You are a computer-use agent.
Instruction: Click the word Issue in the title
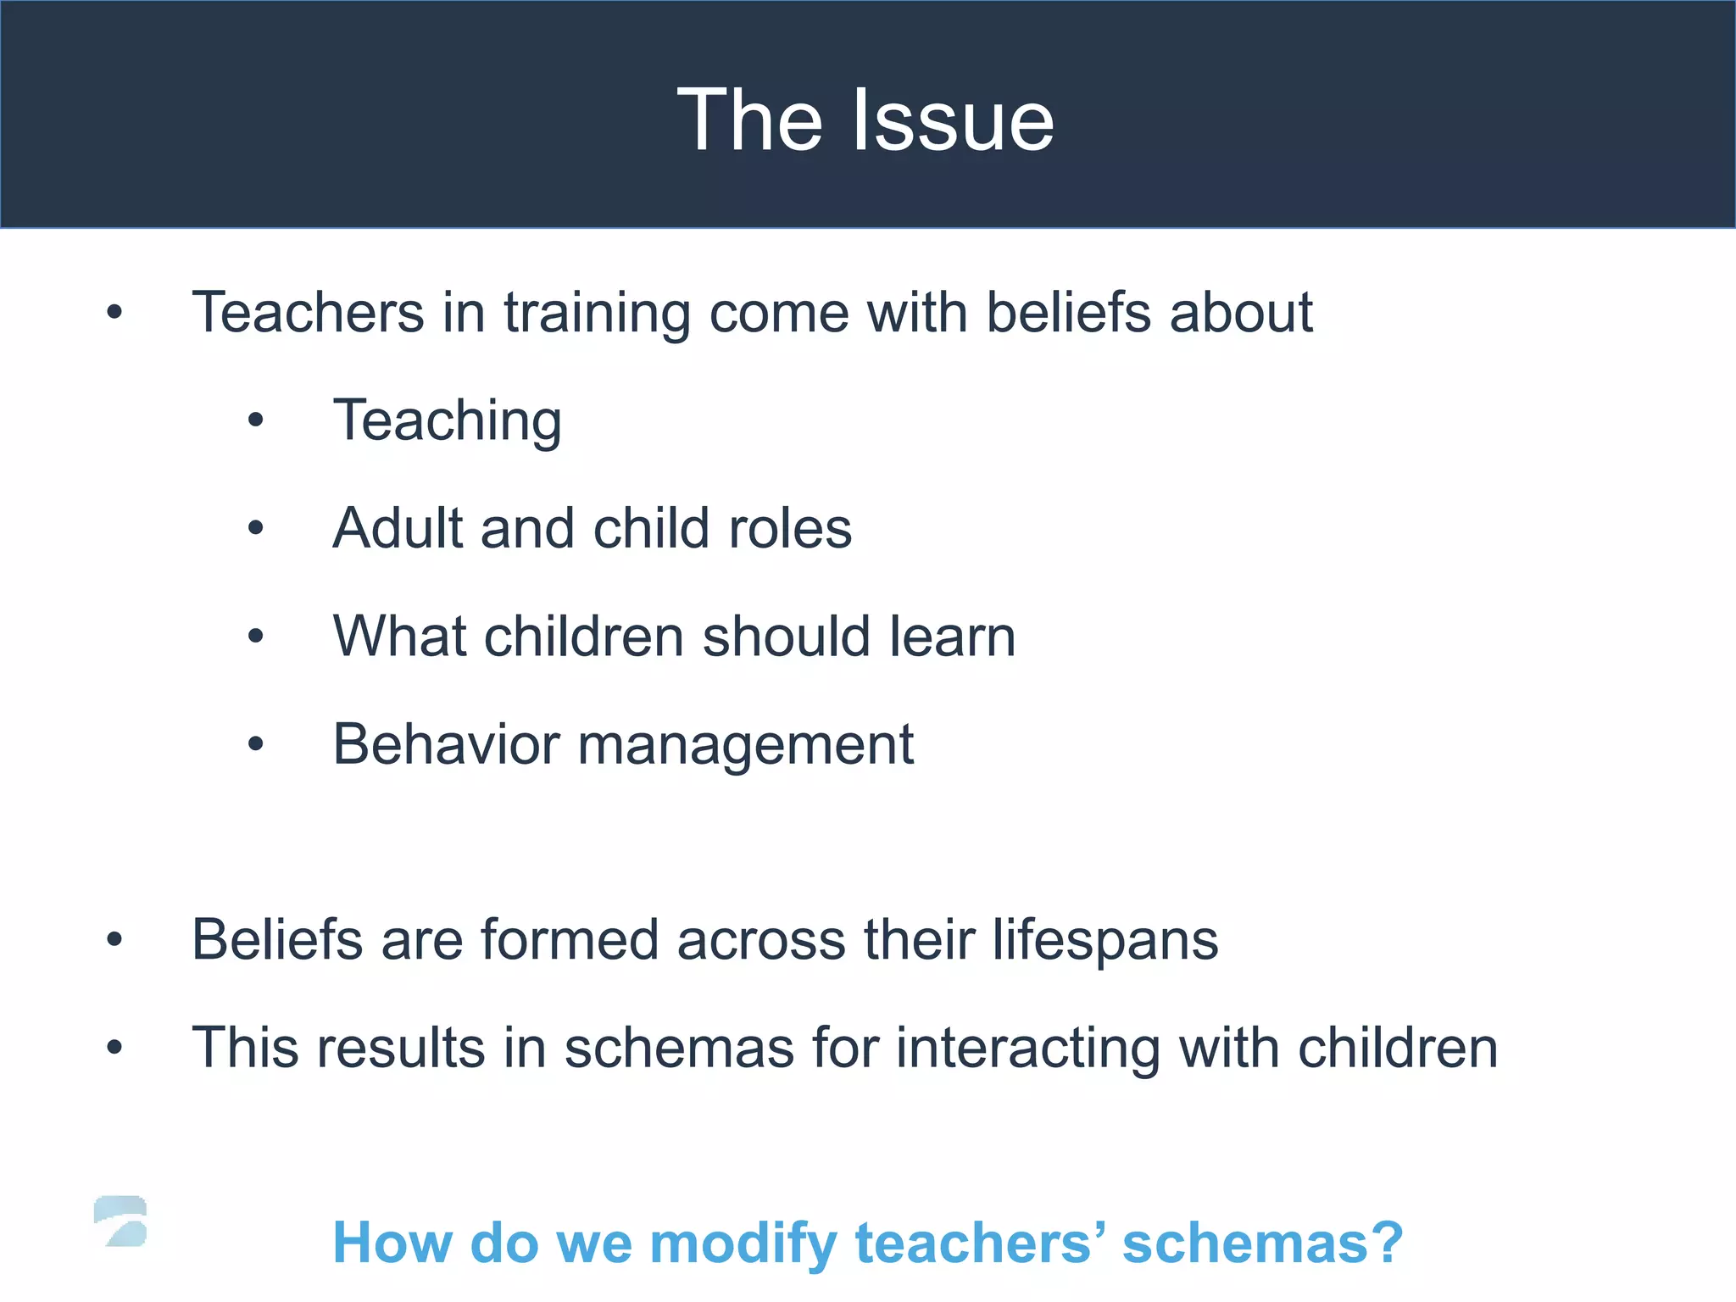click(x=953, y=120)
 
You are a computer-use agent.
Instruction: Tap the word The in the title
click(x=749, y=120)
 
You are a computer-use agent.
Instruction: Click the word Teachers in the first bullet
click(x=308, y=312)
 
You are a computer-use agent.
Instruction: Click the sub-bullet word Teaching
click(x=448, y=420)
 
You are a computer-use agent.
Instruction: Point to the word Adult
click(x=397, y=528)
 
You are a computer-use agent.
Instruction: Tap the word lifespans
click(x=1105, y=940)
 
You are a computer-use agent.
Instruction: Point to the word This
click(x=245, y=1048)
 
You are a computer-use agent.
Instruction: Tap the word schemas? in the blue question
click(x=1263, y=1244)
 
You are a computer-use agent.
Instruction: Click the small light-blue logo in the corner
click(x=120, y=1221)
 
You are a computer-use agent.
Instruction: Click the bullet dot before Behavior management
click(x=256, y=744)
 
